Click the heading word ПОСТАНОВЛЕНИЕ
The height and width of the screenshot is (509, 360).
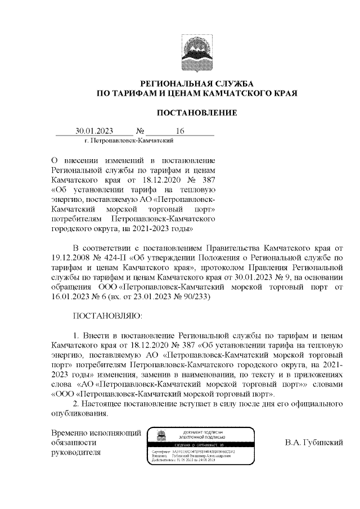(x=196, y=113)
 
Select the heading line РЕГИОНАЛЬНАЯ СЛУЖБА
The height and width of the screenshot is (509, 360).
(x=196, y=83)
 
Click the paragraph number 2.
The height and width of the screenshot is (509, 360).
(x=77, y=404)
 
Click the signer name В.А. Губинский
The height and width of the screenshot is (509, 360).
(x=314, y=443)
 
